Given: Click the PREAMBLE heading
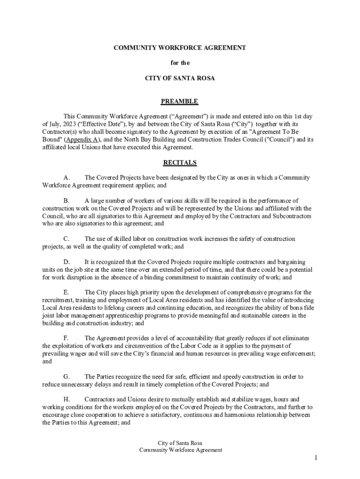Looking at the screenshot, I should [x=180, y=102].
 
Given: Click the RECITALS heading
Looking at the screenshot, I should [x=180, y=163].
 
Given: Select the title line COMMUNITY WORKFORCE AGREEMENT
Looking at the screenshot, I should [x=180, y=48].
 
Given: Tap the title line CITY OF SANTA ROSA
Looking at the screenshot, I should [x=180, y=78].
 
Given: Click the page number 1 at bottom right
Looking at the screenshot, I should [x=316, y=457].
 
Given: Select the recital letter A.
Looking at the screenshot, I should [x=66, y=178].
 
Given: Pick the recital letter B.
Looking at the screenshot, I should [x=66, y=201].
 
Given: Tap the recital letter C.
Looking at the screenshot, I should [x=66, y=239].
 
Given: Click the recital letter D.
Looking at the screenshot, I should [x=66, y=262].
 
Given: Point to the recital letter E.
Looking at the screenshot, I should [x=66, y=292].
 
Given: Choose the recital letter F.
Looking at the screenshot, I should [x=66, y=338].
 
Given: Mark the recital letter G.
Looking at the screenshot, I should [x=66, y=377].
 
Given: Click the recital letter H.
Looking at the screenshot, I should [x=66, y=399].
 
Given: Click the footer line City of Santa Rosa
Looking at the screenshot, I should [x=180, y=443].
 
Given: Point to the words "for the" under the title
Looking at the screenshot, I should [x=180, y=63].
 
